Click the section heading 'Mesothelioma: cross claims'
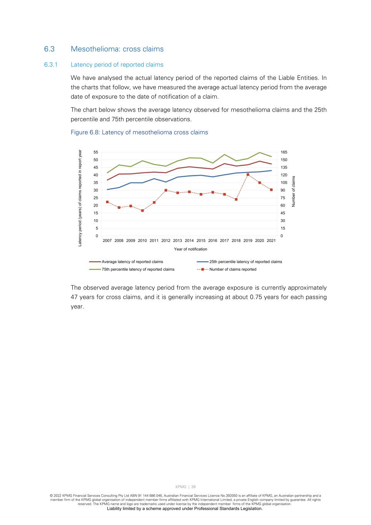click(117, 49)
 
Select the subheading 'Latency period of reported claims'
click(117, 65)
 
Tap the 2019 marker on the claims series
click(248, 175)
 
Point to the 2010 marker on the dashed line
click(142, 210)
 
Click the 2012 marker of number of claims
click(166, 190)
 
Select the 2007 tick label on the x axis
click(107, 241)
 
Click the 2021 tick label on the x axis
click(271, 241)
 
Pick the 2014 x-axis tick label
click(189, 241)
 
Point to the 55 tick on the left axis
click(96, 152)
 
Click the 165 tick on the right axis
click(284, 152)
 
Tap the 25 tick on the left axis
click(96, 198)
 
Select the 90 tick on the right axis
click(283, 190)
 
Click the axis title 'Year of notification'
click(190, 249)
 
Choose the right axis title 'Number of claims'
click(293, 191)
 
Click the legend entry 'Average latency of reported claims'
click(132, 262)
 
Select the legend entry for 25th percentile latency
click(246, 262)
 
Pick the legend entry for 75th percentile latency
click(138, 269)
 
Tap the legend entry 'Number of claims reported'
click(233, 269)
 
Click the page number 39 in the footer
click(193, 487)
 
